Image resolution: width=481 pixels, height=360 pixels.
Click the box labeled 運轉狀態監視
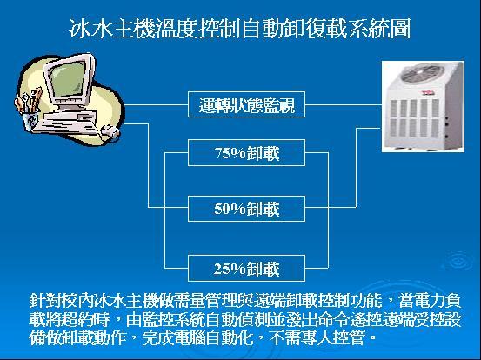[x=246, y=104]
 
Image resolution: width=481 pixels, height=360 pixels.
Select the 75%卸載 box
[x=246, y=153]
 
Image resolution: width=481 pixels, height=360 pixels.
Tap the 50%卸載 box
[x=246, y=209]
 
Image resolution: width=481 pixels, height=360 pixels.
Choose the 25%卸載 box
[x=246, y=268]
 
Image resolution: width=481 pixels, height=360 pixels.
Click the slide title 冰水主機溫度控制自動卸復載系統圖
[x=240, y=29]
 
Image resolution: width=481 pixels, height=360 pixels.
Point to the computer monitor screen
[x=68, y=78]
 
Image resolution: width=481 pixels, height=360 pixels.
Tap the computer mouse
[x=110, y=131]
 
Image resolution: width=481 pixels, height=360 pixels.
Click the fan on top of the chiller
[x=423, y=73]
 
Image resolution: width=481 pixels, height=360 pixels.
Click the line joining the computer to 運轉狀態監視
[x=157, y=104]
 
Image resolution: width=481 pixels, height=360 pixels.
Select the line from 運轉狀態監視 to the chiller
[x=344, y=104]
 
